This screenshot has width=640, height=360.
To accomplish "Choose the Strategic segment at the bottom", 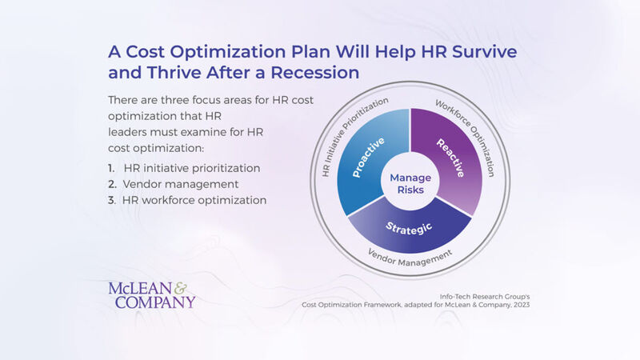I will coord(410,229).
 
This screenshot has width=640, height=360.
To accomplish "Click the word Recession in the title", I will coord(312,72).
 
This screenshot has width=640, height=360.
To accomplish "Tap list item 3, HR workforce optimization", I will coord(194,200).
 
